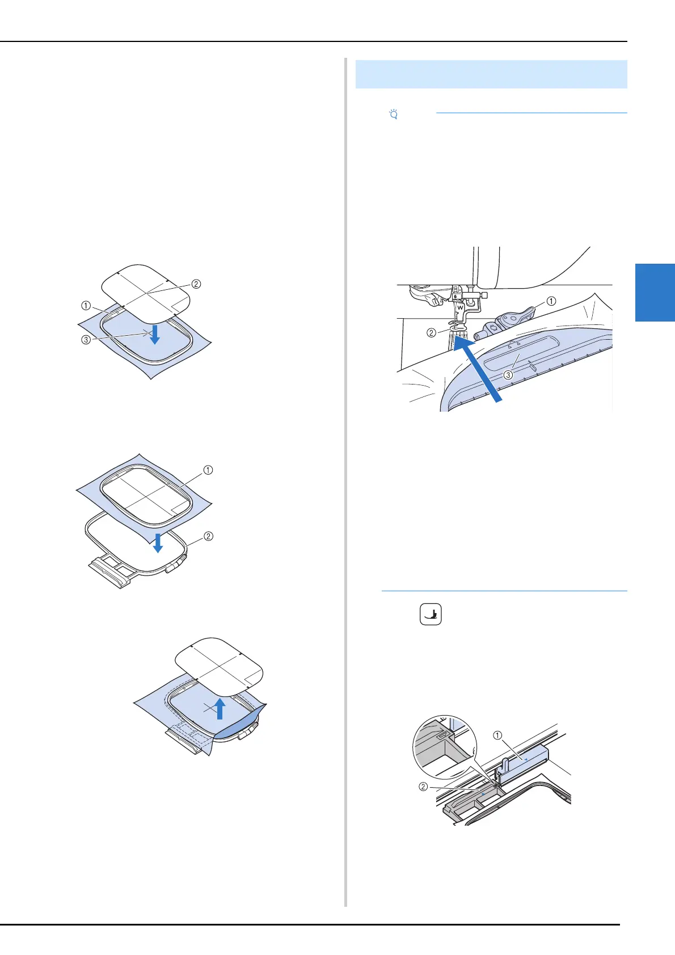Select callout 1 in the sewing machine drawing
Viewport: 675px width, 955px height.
pos(551,301)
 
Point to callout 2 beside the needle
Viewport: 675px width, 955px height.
pos(432,332)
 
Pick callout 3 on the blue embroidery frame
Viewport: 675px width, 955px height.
pos(508,375)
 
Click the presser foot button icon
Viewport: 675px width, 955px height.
pos(431,614)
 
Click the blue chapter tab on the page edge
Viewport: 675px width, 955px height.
pos(655,292)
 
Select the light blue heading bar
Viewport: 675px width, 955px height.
pos(491,74)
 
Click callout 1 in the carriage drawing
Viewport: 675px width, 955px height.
pos(497,736)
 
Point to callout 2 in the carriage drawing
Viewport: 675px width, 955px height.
pos(423,787)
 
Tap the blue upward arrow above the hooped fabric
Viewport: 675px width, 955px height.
pos(220,708)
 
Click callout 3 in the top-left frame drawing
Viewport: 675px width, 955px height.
pos(86,340)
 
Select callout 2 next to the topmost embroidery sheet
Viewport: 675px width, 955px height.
pos(196,284)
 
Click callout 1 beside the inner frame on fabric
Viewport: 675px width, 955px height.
pos(208,470)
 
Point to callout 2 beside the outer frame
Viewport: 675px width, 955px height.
pos(208,536)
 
